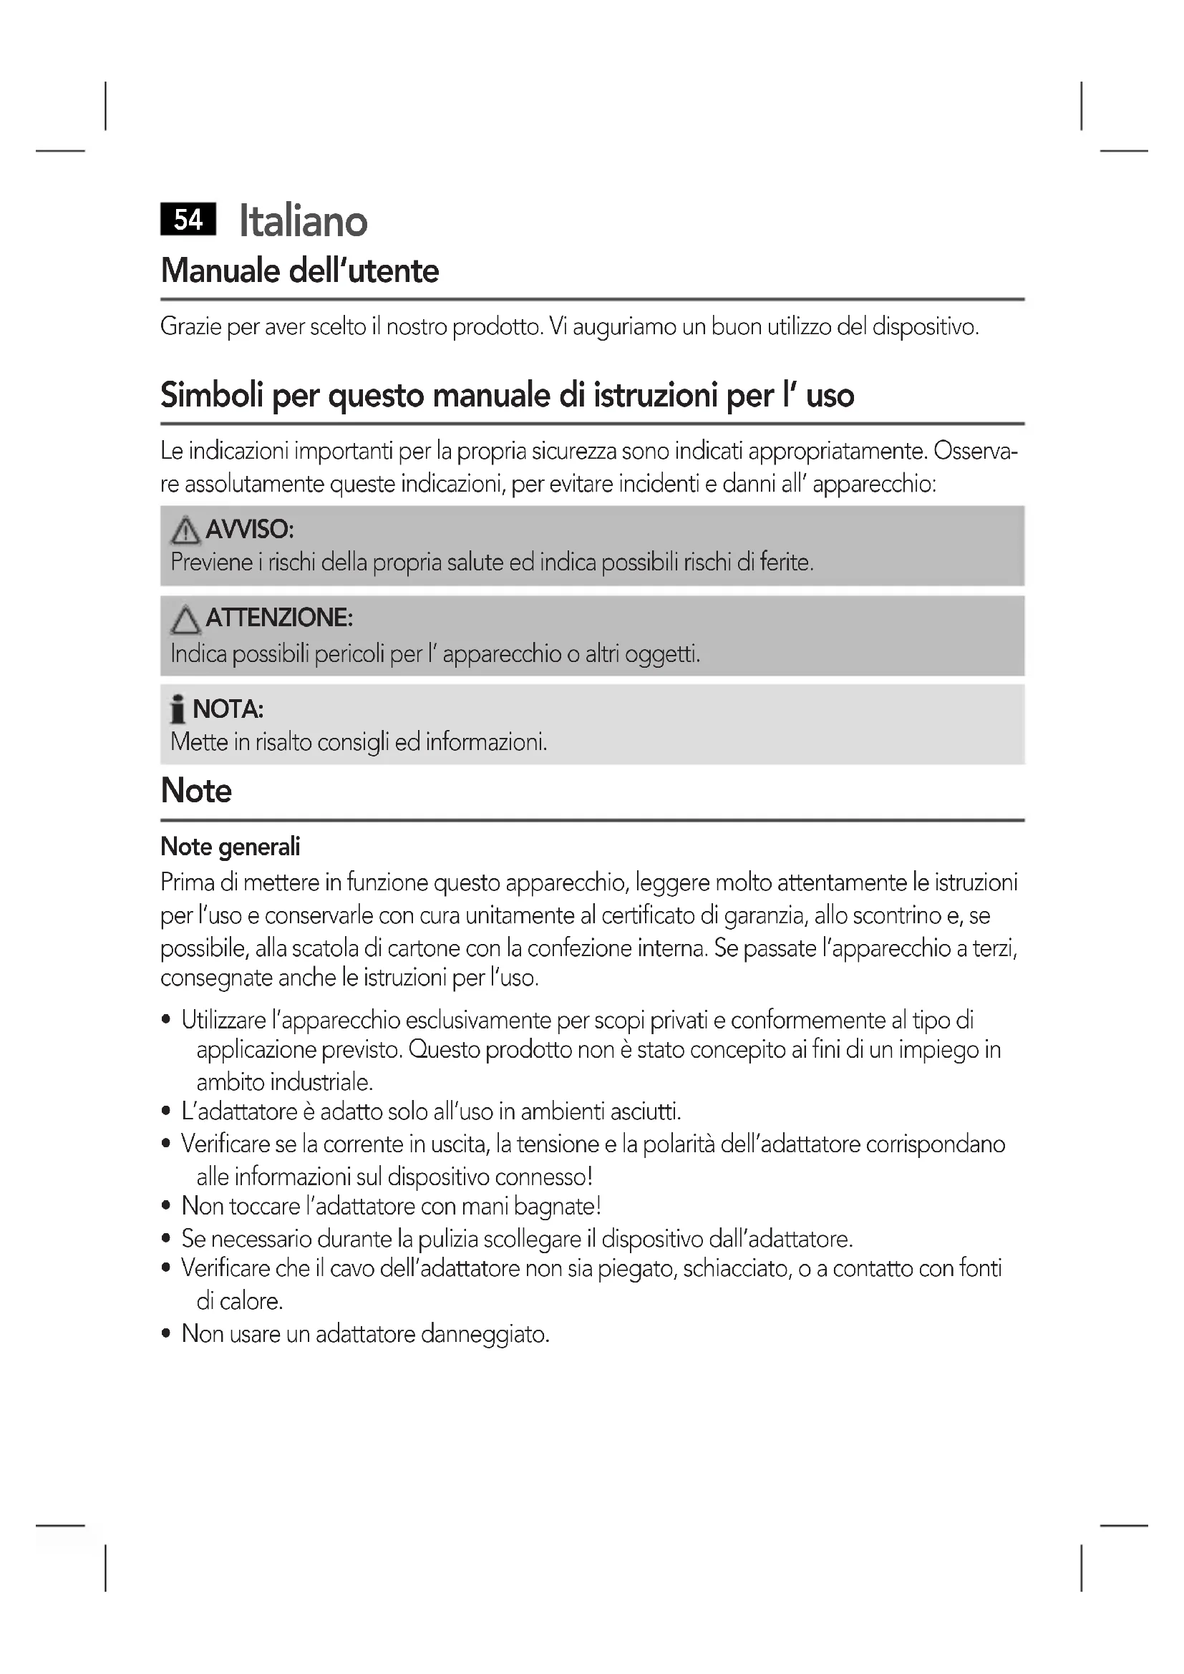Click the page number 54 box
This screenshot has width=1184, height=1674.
[188, 220]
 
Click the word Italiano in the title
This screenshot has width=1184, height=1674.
[304, 221]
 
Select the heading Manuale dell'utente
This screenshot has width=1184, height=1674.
[300, 271]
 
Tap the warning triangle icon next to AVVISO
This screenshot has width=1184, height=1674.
[185, 531]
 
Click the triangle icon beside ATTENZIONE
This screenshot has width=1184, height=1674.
[185, 621]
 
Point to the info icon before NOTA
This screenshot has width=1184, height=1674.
[177, 709]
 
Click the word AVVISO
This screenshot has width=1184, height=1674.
[249, 530]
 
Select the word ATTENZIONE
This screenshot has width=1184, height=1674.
[279, 618]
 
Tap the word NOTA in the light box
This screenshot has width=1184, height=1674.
[228, 709]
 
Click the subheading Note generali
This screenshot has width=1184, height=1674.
[231, 847]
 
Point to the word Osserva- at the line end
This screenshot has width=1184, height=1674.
[976, 452]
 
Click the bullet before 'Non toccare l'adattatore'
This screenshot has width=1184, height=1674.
[166, 1207]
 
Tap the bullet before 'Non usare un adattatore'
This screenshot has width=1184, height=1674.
[166, 1334]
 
